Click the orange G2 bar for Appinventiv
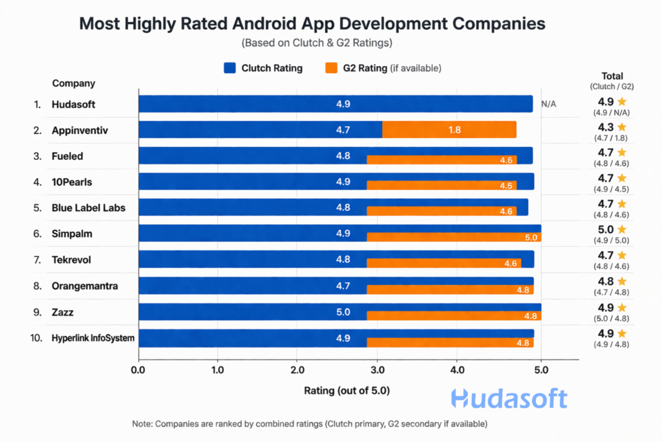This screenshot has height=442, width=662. point(449,129)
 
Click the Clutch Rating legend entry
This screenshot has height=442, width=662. point(263,68)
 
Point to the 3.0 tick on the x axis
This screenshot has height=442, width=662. point(377,370)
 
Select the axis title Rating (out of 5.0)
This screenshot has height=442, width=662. point(347,391)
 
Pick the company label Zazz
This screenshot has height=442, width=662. point(63,313)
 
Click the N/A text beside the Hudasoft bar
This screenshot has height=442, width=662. point(549,104)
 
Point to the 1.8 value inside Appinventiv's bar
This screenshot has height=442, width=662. point(454,129)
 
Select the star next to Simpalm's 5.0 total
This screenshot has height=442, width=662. point(622,230)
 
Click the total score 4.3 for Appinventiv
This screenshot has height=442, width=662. point(604,127)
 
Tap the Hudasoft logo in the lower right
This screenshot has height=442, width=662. point(509,399)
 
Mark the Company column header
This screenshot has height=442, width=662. point(74,83)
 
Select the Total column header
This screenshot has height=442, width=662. point(612,76)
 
